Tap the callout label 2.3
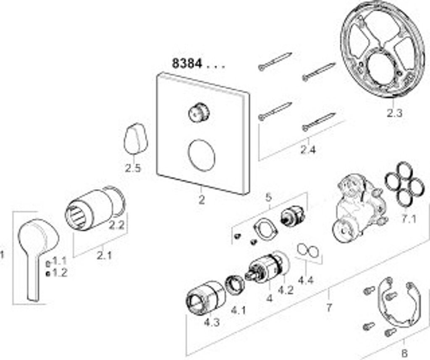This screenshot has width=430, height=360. (x=394, y=112)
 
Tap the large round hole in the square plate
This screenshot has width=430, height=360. (x=201, y=155)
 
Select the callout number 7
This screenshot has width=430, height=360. (x=328, y=308)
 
